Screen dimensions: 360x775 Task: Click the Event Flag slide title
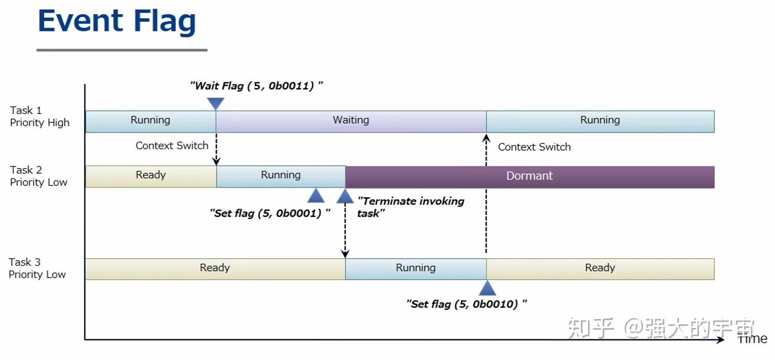pyautogui.click(x=117, y=22)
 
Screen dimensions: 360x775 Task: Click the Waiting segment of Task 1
pyautogui.click(x=351, y=121)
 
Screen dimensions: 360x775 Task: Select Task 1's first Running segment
pyautogui.click(x=150, y=121)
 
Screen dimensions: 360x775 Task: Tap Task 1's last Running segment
pyautogui.click(x=600, y=121)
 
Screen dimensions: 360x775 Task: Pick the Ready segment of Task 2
pyautogui.click(x=150, y=176)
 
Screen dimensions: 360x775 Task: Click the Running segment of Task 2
pyautogui.click(x=280, y=176)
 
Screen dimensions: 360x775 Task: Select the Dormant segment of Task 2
pyautogui.click(x=529, y=176)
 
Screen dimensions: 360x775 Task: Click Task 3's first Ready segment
pyautogui.click(x=215, y=268)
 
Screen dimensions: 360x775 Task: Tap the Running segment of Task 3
pyautogui.click(x=415, y=268)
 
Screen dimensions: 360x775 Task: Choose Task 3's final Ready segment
pyautogui.click(x=600, y=268)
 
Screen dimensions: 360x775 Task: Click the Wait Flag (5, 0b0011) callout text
pyautogui.click(x=257, y=86)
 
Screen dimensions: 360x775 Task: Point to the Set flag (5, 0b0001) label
pyautogui.click(x=270, y=213)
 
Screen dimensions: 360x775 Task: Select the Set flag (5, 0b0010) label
pyautogui.click(x=466, y=304)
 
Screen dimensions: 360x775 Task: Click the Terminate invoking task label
pyautogui.click(x=411, y=207)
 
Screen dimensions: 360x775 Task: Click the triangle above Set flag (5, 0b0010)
pyautogui.click(x=488, y=288)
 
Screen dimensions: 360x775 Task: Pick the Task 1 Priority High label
pyautogui.click(x=40, y=117)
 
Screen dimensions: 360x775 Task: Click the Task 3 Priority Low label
pyautogui.click(x=37, y=268)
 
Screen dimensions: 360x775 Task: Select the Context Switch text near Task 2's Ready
pyautogui.click(x=172, y=146)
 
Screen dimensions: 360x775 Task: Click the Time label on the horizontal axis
pyautogui.click(x=753, y=339)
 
